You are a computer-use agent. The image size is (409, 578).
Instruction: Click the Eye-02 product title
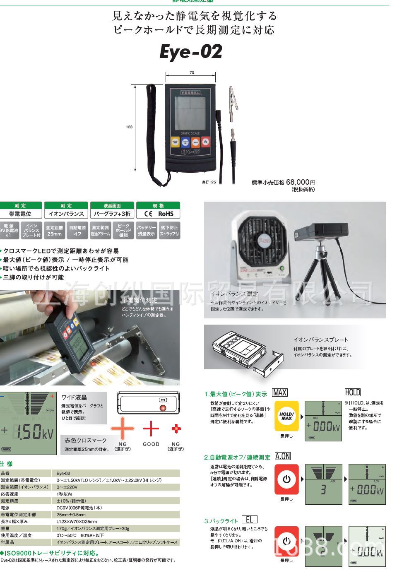(191, 52)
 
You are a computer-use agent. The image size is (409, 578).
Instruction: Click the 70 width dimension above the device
(192, 73)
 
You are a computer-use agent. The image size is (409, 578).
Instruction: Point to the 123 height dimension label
(129, 127)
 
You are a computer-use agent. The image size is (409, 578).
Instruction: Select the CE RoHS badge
(158, 214)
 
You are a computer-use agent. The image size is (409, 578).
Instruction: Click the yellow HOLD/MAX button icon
(286, 416)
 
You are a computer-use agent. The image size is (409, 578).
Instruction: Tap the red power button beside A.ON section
(286, 479)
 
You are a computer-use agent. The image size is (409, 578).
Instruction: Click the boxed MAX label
(280, 393)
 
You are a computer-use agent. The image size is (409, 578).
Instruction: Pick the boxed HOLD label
(352, 393)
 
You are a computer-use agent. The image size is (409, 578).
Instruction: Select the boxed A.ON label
(283, 456)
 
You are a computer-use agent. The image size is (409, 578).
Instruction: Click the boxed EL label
(249, 520)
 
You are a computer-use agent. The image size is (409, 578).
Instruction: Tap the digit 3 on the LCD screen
(323, 490)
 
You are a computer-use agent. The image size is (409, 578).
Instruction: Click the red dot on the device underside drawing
(163, 408)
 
